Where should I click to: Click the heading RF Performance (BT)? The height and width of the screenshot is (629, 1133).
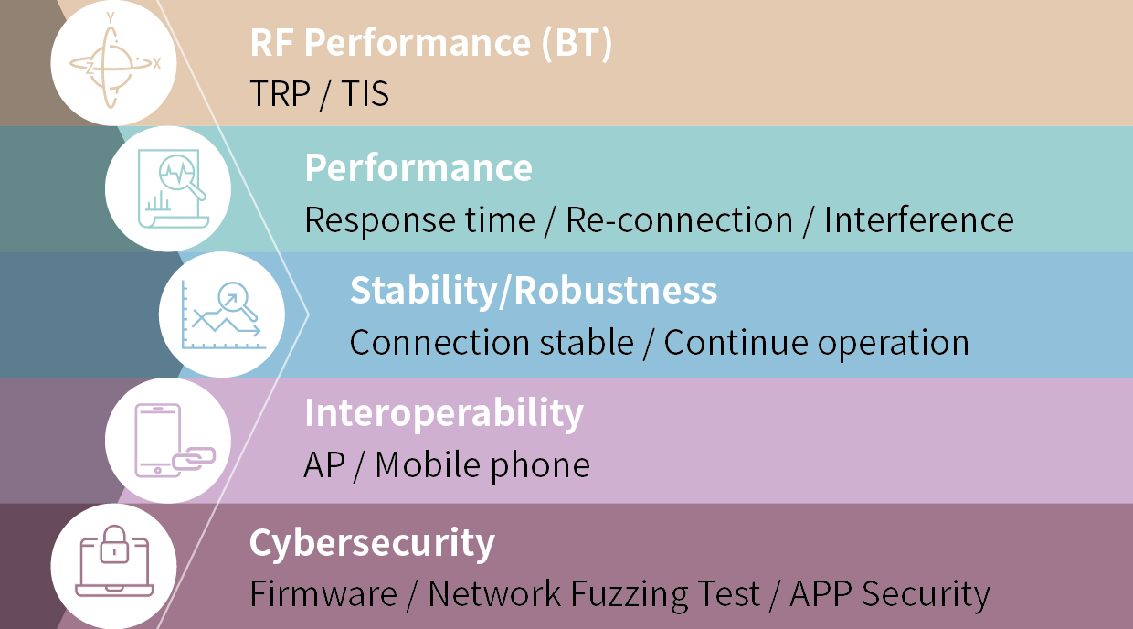pyautogui.click(x=431, y=44)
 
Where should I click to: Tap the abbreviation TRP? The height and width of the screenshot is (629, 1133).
pyautogui.click(x=280, y=93)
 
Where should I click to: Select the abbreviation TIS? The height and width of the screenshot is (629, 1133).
pyautogui.click(x=365, y=93)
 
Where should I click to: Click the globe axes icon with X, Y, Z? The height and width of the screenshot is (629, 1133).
pyautogui.click(x=114, y=62)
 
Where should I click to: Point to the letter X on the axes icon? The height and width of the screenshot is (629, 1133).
pyautogui.click(x=156, y=64)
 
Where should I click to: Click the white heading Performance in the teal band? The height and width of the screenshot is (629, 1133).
pyautogui.click(x=418, y=167)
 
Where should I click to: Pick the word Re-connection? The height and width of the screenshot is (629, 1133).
pyautogui.click(x=679, y=219)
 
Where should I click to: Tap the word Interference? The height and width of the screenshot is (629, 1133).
pyautogui.click(x=919, y=219)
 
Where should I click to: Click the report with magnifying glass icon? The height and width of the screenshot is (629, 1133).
pyautogui.click(x=173, y=188)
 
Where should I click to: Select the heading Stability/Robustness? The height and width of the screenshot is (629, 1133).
pyautogui.click(x=534, y=290)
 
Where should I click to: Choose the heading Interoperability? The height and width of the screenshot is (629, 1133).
pyautogui.click(x=444, y=414)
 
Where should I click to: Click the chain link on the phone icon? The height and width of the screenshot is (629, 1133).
pyautogui.click(x=194, y=459)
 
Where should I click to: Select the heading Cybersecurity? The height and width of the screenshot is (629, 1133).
pyautogui.click(x=372, y=543)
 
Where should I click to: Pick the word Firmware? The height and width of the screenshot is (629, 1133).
pyautogui.click(x=323, y=593)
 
